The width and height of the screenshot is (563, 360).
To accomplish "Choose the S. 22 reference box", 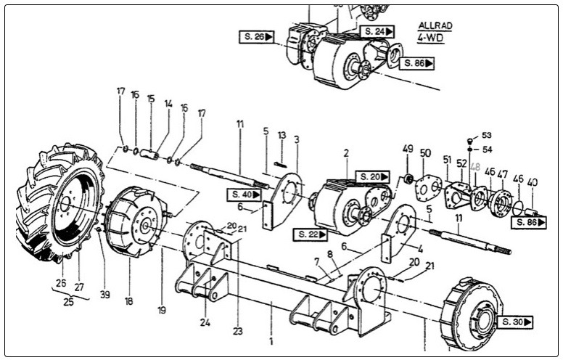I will click(x=311, y=234).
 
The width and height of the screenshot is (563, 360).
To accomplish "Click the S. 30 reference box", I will click(x=514, y=322).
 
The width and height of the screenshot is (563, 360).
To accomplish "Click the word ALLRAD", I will click(x=435, y=25).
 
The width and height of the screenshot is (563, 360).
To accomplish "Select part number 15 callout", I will click(x=151, y=98).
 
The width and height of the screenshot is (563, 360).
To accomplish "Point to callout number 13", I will click(x=282, y=135).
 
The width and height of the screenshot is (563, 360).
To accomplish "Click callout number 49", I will click(x=408, y=149).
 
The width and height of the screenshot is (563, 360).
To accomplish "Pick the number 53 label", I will click(x=486, y=136).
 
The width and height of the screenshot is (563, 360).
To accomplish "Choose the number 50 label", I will click(x=426, y=153).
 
